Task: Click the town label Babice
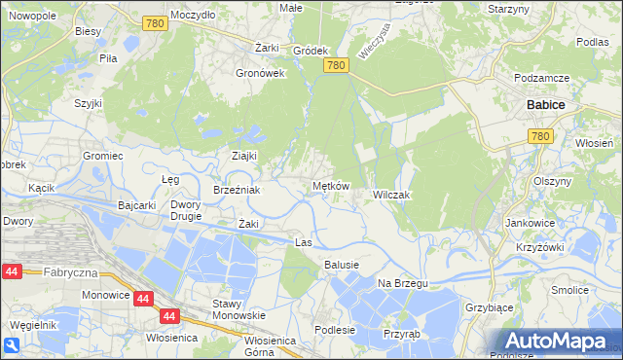546,104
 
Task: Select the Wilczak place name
391,195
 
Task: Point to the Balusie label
342,265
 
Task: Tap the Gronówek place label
260,72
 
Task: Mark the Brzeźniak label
237,190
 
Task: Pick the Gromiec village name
102,156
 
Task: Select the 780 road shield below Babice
543,138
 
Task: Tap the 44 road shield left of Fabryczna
12,273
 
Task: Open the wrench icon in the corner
11,345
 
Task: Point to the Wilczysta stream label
372,43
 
